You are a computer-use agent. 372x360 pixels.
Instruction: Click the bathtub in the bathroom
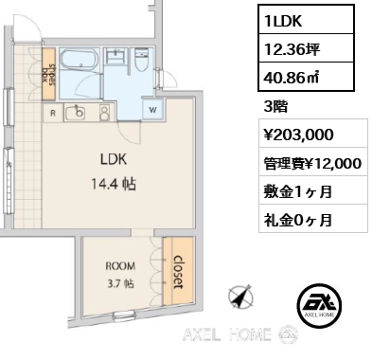tap(79, 60)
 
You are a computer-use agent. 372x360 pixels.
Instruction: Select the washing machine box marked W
tap(152, 109)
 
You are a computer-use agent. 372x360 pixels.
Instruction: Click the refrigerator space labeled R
tap(53, 113)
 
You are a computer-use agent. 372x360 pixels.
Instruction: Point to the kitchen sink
tap(76, 113)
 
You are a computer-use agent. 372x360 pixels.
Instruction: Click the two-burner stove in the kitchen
tap(104, 113)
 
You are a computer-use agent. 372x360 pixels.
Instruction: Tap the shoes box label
tap(49, 75)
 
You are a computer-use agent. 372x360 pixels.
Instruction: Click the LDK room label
tap(114, 159)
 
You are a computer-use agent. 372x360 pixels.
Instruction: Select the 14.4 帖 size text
tap(114, 184)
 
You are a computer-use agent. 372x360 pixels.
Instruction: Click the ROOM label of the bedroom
tap(120, 266)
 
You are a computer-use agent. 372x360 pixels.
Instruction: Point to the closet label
tap(178, 272)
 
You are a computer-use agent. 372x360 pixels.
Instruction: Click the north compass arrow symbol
tap(241, 297)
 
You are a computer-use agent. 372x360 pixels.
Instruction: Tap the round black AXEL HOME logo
tap(319, 305)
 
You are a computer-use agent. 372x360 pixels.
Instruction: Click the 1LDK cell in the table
tap(307, 20)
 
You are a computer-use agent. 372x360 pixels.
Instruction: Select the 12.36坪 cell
tap(307, 48)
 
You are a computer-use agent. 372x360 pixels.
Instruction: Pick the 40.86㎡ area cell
tap(307, 77)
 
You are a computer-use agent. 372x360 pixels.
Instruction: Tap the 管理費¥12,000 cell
tap(313, 162)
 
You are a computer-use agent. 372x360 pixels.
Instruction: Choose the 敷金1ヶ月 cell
tap(313, 190)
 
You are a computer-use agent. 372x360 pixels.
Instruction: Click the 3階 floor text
tap(275, 107)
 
